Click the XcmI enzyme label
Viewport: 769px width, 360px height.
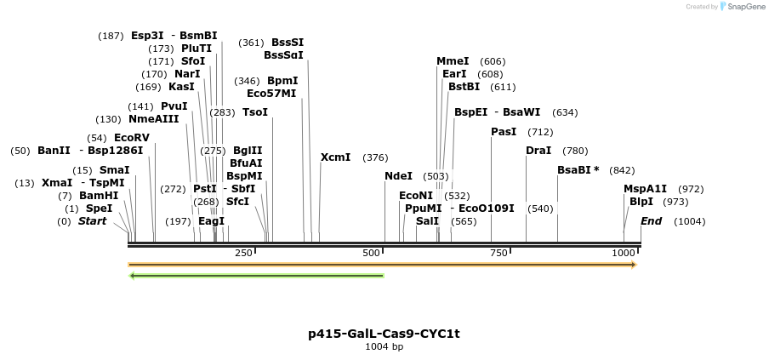(335, 157)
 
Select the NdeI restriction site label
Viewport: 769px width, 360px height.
(398, 176)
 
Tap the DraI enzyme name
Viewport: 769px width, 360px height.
(538, 151)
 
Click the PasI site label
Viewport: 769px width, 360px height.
(504, 132)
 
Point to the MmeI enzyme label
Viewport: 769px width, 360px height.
(453, 61)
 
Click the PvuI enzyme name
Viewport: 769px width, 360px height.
(174, 106)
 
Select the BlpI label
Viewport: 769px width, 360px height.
(641, 202)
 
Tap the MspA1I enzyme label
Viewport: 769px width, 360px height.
(646, 189)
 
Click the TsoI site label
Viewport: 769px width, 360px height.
(255, 112)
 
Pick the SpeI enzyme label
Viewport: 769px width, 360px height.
(99, 209)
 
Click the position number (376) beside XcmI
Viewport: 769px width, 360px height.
(375, 157)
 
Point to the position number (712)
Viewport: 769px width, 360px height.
(540, 132)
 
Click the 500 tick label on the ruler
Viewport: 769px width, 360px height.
(371, 254)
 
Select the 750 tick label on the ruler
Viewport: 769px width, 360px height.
(498, 254)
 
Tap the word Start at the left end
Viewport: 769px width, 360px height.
(93, 221)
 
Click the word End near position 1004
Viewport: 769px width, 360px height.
(651, 221)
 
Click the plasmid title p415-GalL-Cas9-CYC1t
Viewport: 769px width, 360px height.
(384, 334)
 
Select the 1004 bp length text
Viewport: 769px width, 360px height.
(384, 346)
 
